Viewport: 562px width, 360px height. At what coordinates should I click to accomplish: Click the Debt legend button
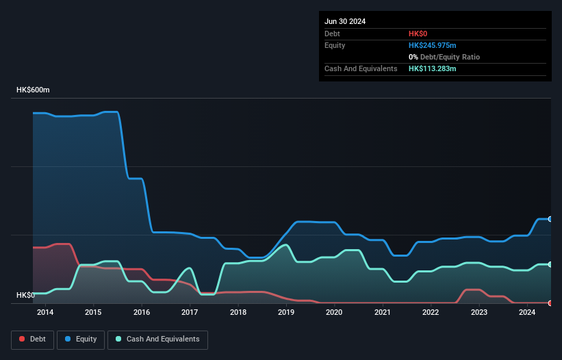[x=31, y=339]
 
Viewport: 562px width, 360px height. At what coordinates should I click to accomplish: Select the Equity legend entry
[x=81, y=339]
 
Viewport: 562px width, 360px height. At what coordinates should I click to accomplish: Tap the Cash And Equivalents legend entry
[x=157, y=339]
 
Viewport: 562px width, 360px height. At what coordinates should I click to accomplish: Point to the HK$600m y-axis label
[x=34, y=90]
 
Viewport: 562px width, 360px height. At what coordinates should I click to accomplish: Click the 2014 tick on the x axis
[x=45, y=313]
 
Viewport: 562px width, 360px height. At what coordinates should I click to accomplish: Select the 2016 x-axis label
[x=142, y=313]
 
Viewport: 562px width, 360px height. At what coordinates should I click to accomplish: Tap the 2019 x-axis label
[x=286, y=313]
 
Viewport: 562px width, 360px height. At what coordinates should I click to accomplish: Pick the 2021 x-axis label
[x=383, y=313]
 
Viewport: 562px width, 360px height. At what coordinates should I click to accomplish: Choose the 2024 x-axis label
[x=527, y=313]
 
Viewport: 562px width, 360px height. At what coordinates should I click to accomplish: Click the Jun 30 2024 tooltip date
[x=345, y=21]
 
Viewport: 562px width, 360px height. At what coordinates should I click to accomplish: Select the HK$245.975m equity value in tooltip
[x=433, y=45]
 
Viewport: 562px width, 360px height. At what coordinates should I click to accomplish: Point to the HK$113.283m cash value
[x=433, y=69]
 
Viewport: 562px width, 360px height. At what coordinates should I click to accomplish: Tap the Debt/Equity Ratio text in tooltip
[x=449, y=57]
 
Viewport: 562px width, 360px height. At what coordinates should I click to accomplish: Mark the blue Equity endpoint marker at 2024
[x=550, y=219]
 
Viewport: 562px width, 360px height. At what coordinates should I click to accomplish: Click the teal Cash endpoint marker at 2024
[x=550, y=264]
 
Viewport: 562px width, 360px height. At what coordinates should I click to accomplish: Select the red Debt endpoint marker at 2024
[x=550, y=303]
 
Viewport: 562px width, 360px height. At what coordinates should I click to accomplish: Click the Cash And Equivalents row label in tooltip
[x=361, y=69]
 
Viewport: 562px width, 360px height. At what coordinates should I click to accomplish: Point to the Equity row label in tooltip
[x=335, y=45]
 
